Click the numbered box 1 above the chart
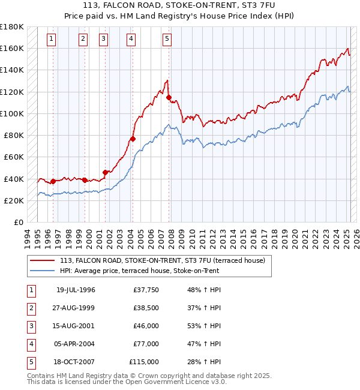[x=52, y=40]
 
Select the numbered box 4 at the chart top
[x=131, y=40]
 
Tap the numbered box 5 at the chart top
[x=166, y=40]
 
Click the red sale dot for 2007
[x=169, y=97]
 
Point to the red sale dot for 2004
[x=133, y=139]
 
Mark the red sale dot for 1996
[x=53, y=181]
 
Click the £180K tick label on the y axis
[x=12, y=27]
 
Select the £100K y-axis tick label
[x=12, y=113]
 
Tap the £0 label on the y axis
[x=18, y=222]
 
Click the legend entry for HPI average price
[x=139, y=271]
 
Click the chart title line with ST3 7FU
[x=180, y=6]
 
